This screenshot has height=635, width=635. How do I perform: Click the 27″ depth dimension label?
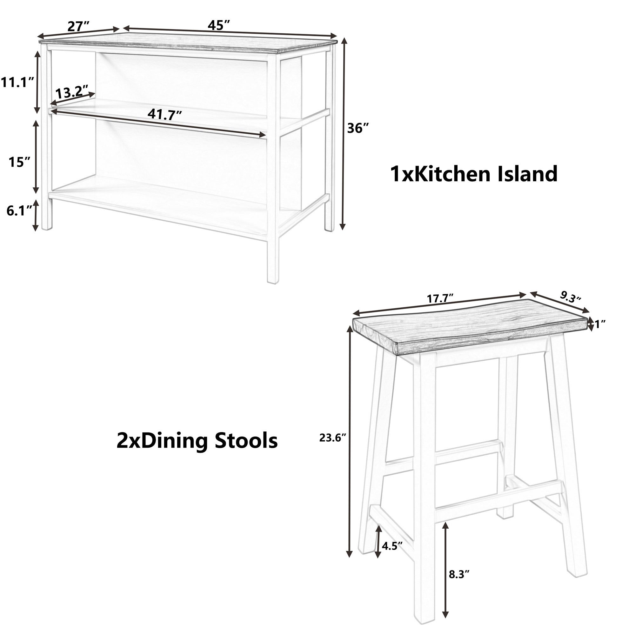(x=78, y=26)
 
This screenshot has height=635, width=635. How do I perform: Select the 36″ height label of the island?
(x=358, y=128)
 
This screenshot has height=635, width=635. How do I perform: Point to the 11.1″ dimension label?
(x=17, y=83)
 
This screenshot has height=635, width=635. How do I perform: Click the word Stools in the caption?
(x=246, y=441)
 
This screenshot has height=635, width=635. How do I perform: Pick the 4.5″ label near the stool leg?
(x=392, y=546)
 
